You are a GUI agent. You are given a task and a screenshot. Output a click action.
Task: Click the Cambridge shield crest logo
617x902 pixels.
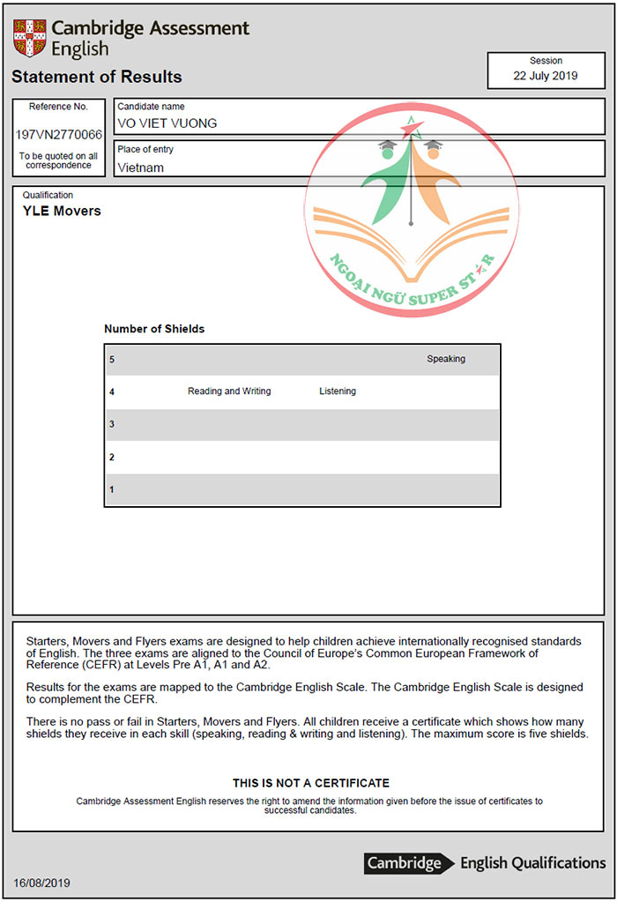click(29, 37)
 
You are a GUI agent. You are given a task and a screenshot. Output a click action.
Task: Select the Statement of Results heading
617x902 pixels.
click(97, 77)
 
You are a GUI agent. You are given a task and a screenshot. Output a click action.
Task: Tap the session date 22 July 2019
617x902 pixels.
click(545, 76)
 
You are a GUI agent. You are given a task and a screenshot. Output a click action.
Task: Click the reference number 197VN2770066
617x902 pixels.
click(59, 135)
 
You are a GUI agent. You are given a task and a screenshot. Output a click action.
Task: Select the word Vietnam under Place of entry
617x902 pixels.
click(140, 168)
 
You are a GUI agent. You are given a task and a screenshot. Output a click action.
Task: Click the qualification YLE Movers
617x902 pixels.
click(62, 212)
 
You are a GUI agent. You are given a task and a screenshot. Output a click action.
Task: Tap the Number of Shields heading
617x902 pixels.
click(154, 329)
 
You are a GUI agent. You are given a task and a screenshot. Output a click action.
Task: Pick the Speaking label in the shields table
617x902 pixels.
click(446, 359)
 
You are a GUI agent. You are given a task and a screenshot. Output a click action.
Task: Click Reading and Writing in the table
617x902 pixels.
click(229, 391)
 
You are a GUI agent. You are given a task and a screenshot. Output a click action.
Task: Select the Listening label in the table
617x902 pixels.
click(338, 391)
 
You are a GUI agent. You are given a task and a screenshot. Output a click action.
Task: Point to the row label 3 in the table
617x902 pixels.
click(112, 424)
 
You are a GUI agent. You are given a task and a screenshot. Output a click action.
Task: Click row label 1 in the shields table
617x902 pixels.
click(112, 489)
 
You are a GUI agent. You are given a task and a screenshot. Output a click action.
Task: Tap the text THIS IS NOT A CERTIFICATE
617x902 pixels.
click(311, 783)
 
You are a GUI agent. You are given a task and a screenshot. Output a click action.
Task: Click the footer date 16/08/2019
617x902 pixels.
click(42, 883)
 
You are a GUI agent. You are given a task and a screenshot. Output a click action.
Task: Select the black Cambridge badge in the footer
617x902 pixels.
click(404, 863)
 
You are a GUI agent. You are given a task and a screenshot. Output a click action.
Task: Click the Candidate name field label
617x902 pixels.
click(151, 107)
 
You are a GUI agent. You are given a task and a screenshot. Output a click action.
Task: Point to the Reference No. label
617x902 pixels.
click(59, 107)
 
